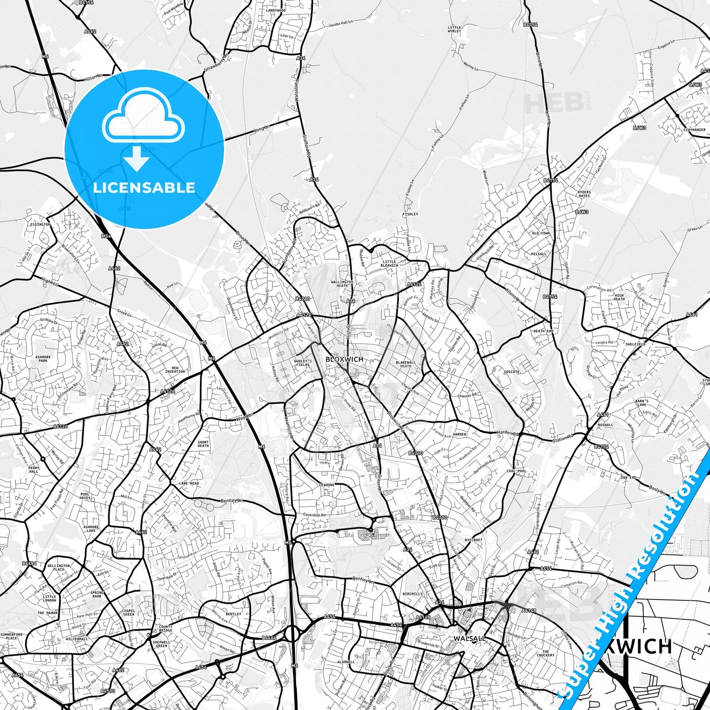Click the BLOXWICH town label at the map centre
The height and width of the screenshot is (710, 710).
[344, 359]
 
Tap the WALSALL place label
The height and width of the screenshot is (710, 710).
[470, 638]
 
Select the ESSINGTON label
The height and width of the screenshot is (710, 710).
[40, 225]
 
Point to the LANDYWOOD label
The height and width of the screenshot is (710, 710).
[276, 10]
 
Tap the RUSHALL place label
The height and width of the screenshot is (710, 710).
[605, 425]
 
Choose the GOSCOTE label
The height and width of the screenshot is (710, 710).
[511, 372]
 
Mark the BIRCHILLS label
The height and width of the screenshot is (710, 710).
[412, 594]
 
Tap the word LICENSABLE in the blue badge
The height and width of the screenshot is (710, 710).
[144, 188]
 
